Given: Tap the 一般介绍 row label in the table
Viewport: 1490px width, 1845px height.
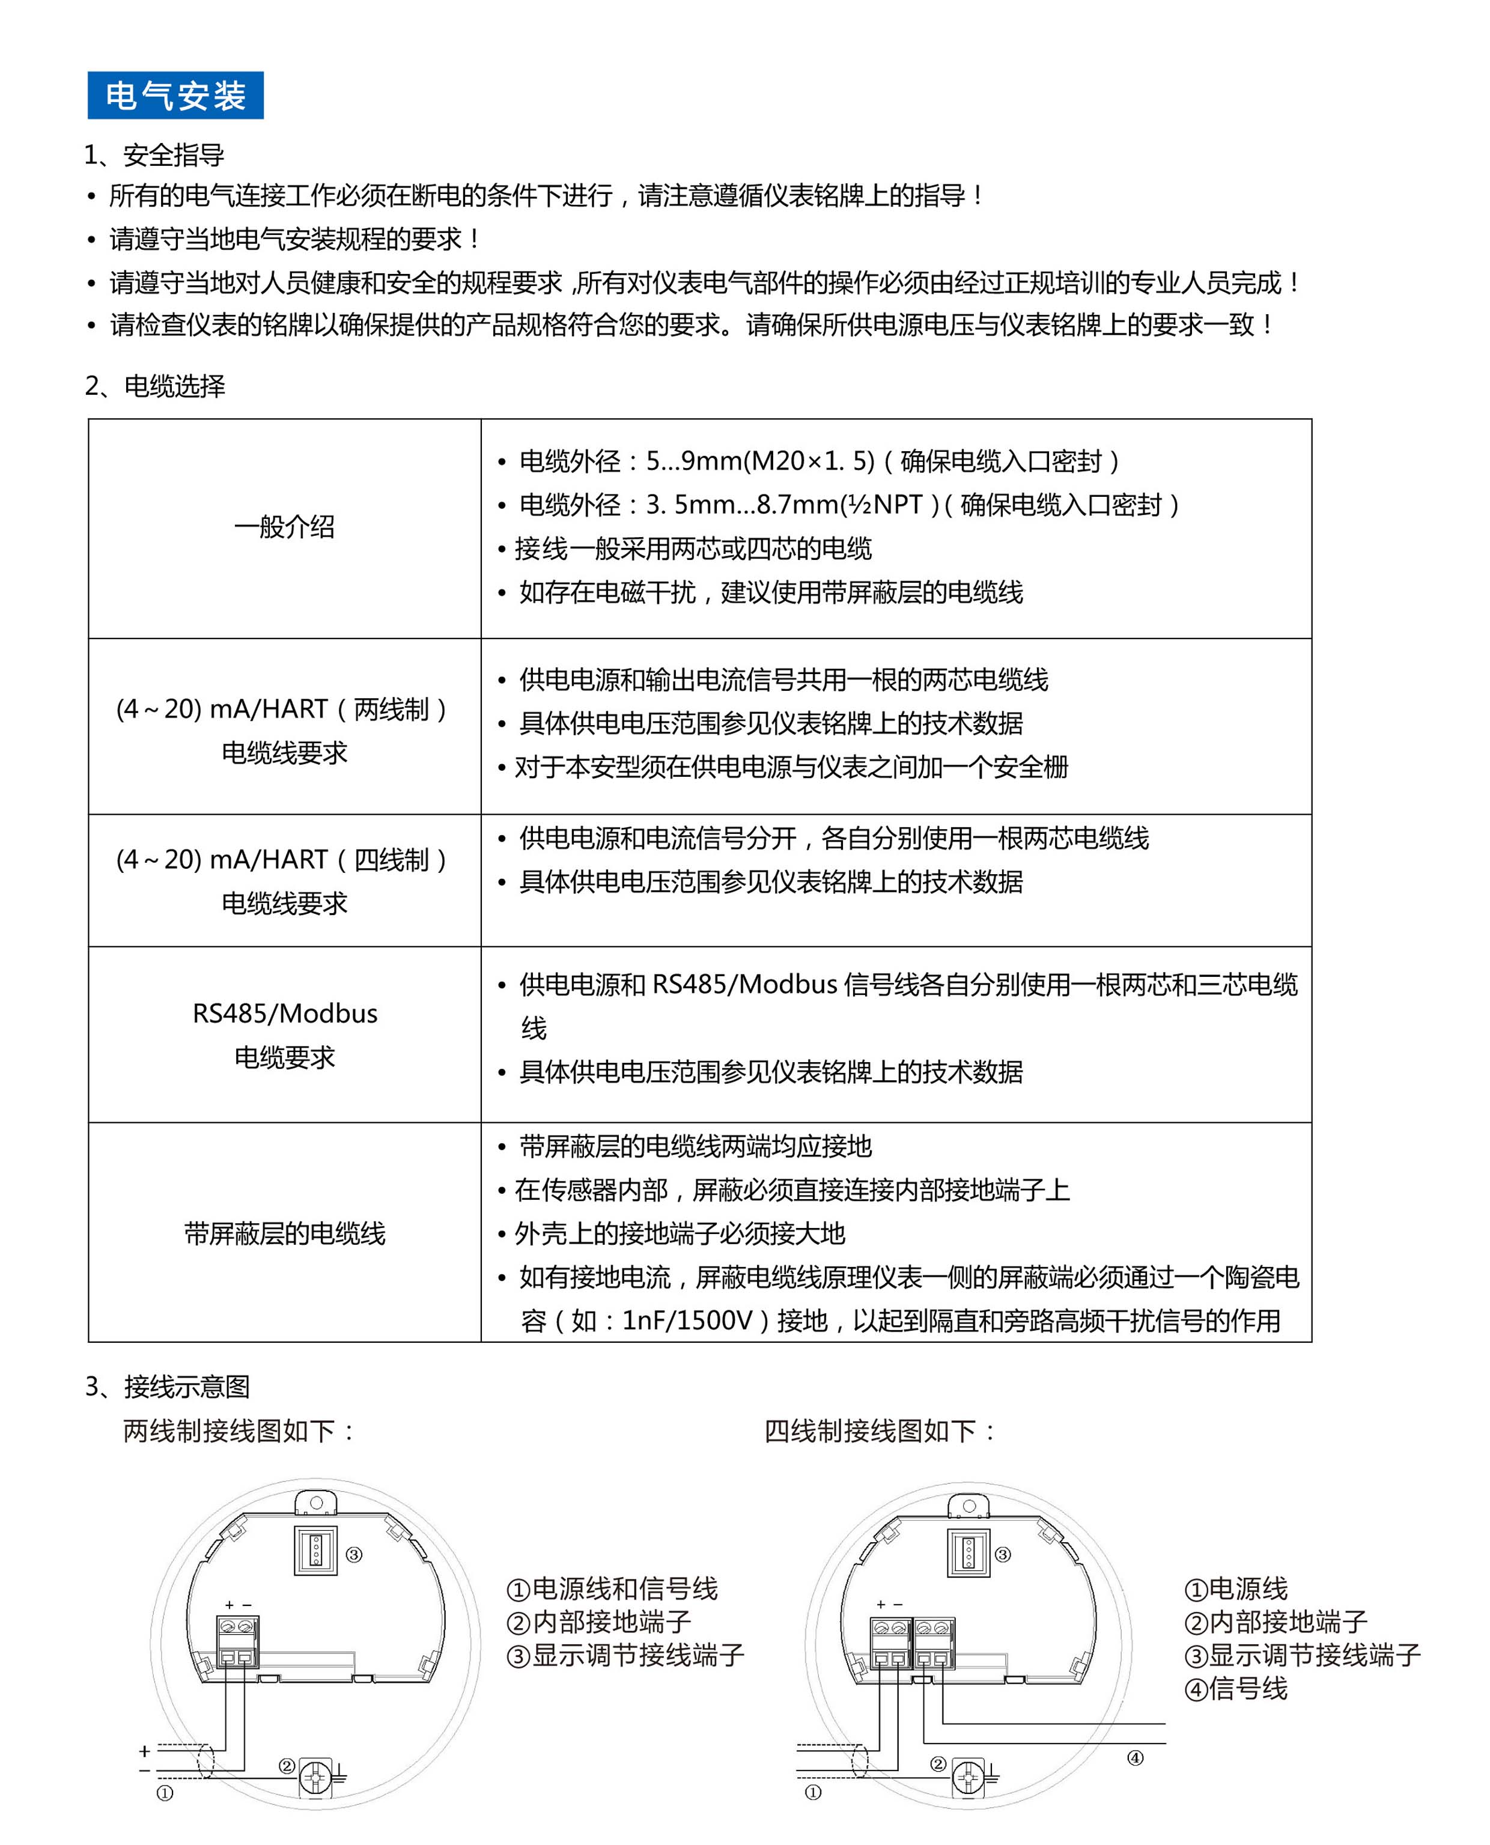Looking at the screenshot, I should (284, 527).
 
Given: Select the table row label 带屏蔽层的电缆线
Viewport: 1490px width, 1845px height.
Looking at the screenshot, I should (284, 1233).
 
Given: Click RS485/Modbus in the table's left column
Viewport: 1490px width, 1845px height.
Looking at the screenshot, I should (284, 1014).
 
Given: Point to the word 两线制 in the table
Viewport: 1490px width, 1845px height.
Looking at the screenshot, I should (391, 710).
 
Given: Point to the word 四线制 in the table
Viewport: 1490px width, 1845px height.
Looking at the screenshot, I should (391, 860).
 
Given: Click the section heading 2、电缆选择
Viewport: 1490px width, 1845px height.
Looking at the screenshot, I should (156, 386).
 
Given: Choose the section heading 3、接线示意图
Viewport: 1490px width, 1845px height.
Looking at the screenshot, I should (168, 1387).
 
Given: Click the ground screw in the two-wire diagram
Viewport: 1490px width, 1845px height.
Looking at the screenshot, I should (315, 1777).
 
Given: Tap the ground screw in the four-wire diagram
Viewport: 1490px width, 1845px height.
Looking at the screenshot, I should (968, 1777).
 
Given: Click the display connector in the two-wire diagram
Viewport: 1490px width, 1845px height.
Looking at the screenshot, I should (315, 1550).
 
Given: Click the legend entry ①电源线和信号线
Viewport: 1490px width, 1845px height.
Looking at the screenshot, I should (612, 1588).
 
